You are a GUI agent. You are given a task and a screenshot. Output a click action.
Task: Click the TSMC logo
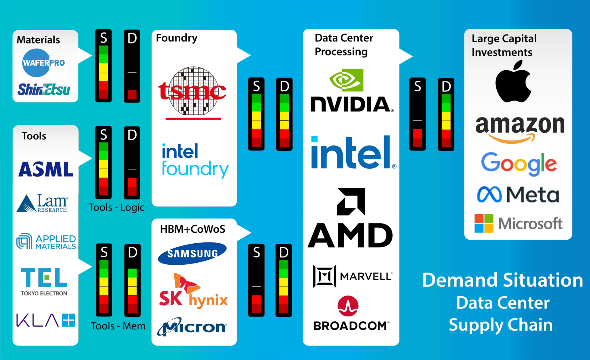click(x=192, y=92)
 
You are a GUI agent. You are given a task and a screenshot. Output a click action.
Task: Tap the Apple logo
click(x=513, y=82)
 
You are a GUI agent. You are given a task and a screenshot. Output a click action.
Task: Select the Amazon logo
click(x=519, y=128)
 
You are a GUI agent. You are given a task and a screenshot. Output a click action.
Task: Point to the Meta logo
click(x=518, y=195)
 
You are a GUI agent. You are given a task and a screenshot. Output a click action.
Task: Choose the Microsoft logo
click(x=518, y=223)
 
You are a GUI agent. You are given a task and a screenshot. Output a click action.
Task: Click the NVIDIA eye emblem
click(x=346, y=80)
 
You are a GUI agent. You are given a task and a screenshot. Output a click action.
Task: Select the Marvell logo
click(x=353, y=276)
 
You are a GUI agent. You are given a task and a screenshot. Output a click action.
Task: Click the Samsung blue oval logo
click(x=192, y=253)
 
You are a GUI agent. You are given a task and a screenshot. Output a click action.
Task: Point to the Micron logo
click(x=192, y=327)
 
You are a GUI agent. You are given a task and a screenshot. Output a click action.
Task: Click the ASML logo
click(x=46, y=169)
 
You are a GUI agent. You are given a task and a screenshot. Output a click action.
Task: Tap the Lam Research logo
click(x=43, y=203)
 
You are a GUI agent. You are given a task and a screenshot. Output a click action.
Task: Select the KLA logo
click(x=46, y=320)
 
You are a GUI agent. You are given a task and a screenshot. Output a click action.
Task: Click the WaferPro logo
click(x=43, y=62)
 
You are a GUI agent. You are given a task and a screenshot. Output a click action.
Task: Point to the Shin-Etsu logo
click(x=44, y=89)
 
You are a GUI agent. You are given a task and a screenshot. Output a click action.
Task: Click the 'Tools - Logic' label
click(x=116, y=207)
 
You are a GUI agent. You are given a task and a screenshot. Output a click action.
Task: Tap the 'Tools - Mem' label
click(x=118, y=326)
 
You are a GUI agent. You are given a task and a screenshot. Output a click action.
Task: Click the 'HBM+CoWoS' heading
click(x=192, y=229)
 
